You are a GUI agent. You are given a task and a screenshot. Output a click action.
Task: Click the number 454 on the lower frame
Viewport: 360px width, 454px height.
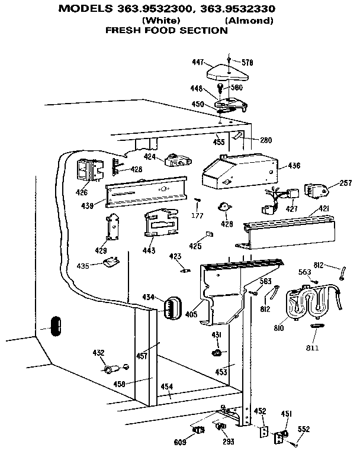167,387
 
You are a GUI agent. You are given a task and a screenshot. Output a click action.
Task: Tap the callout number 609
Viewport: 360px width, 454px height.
181,442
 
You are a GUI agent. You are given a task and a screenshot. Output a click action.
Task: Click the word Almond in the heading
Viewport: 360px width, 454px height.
249,21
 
